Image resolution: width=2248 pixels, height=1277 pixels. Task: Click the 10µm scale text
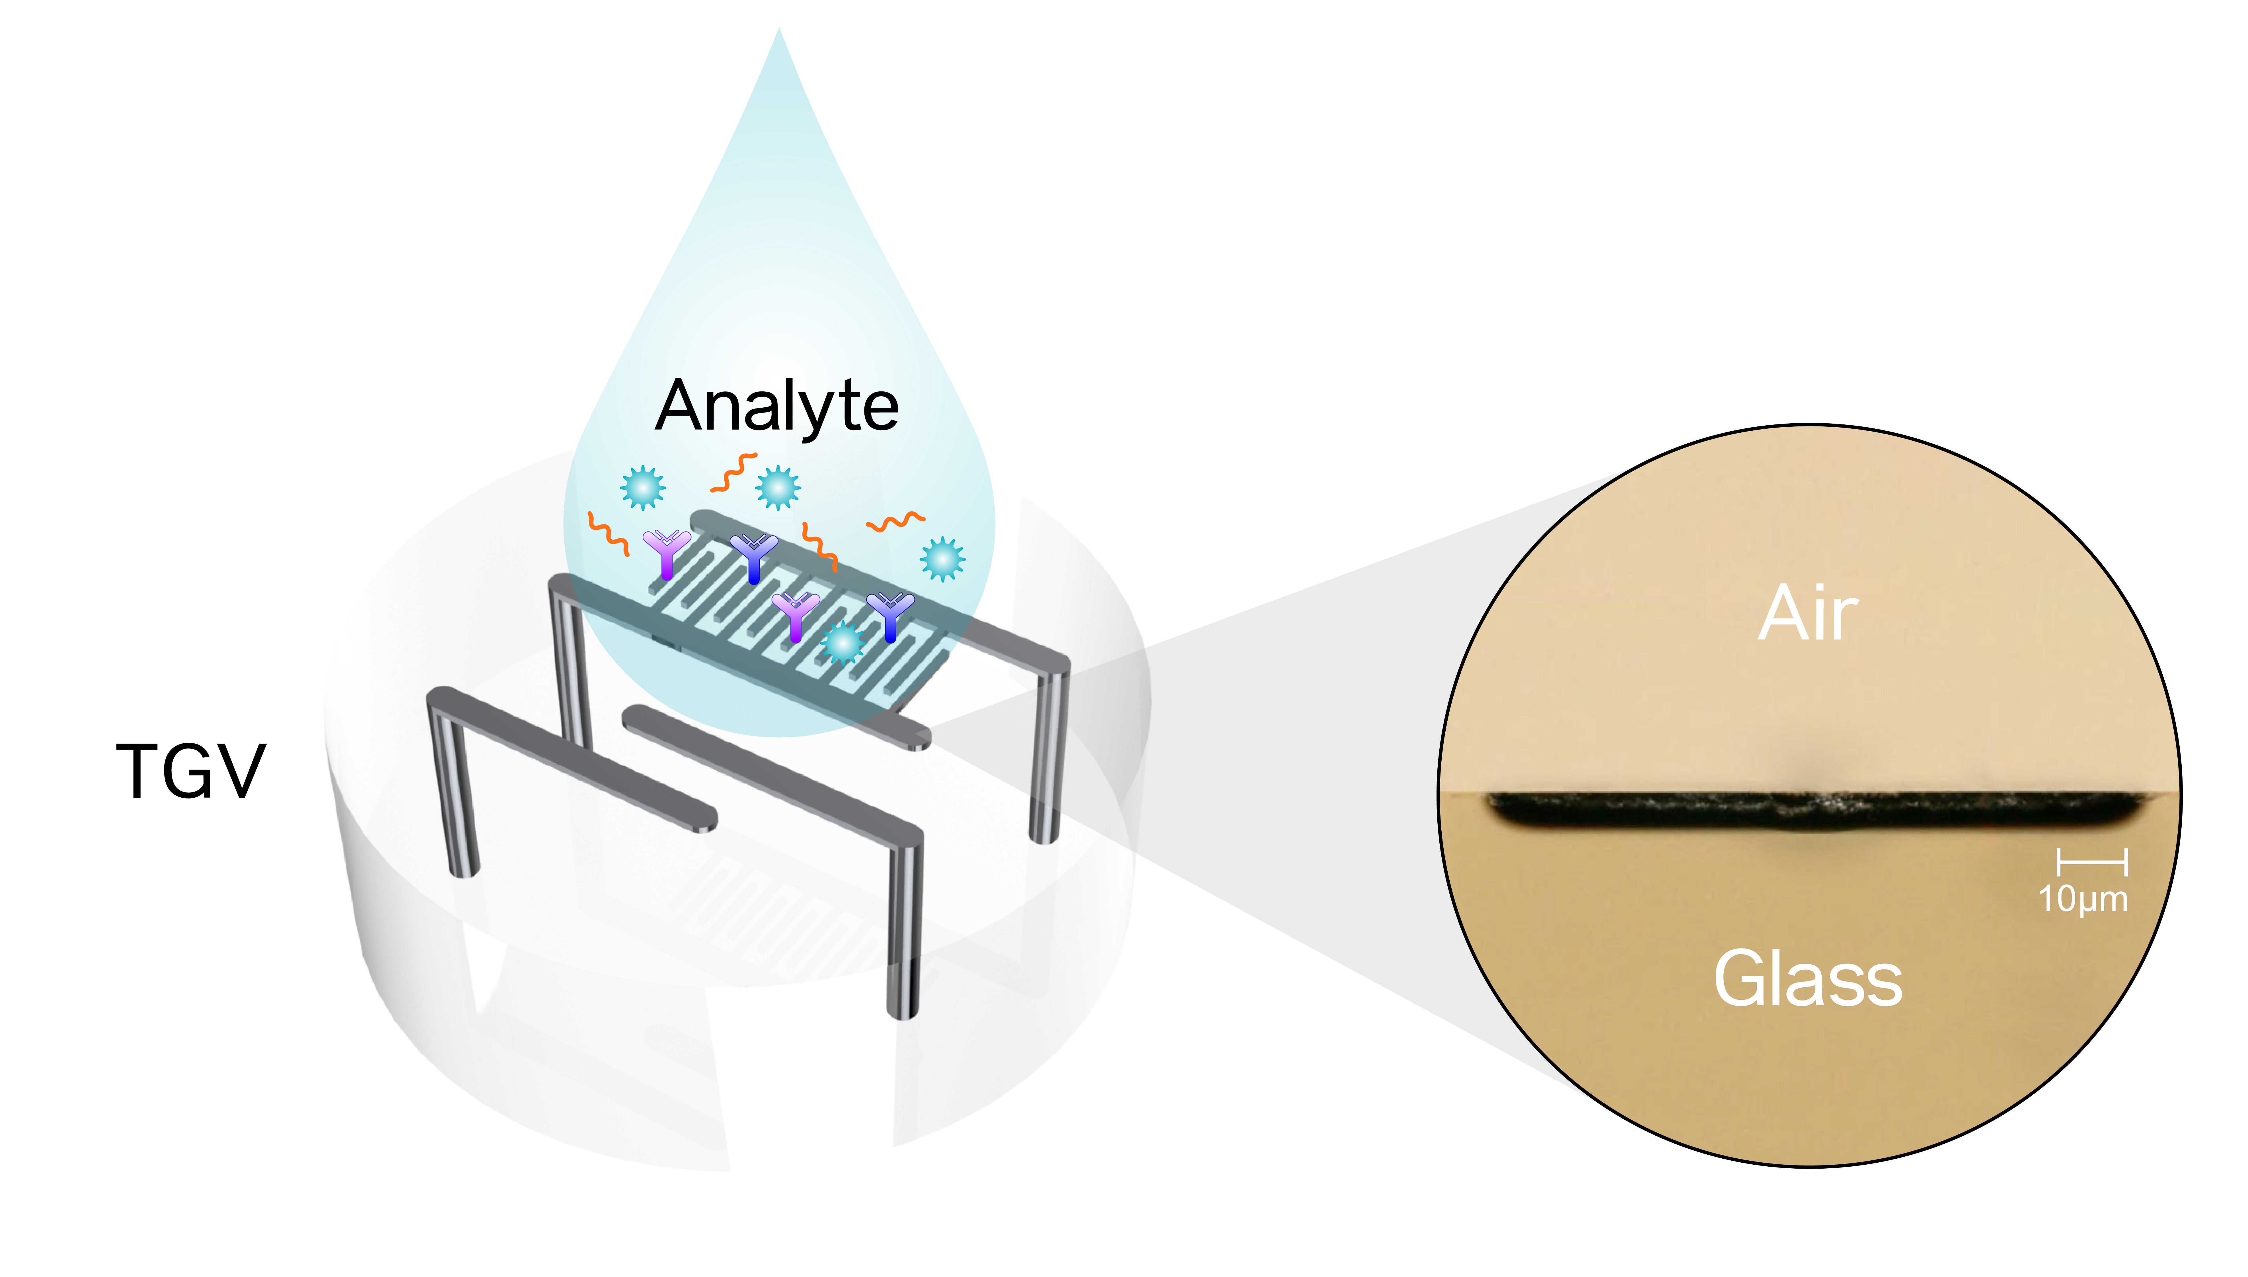pyautogui.click(x=2083, y=899)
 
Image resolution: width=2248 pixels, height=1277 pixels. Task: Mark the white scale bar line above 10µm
pyautogui.click(x=2092, y=862)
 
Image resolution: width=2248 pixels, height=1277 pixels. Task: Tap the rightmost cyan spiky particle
pyautogui.click(x=942, y=559)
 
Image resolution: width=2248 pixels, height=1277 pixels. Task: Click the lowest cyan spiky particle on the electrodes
pyautogui.click(x=843, y=644)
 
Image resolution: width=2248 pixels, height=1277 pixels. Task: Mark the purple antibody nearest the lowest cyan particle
pyautogui.click(x=795, y=616)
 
